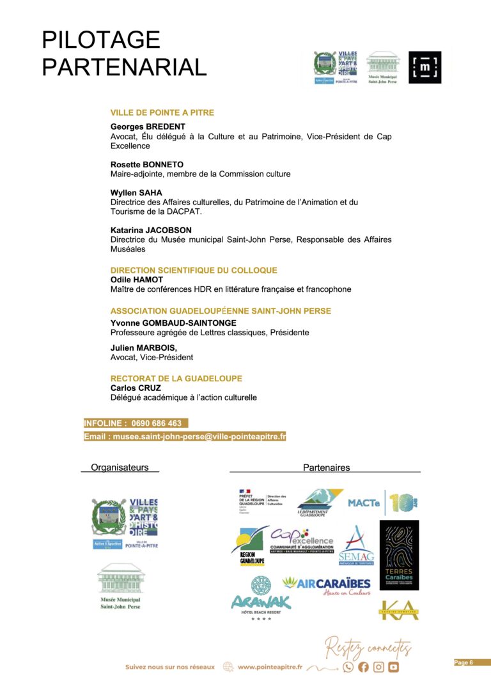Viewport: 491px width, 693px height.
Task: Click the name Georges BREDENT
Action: point(148,126)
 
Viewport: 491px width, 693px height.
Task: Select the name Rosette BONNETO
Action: point(146,164)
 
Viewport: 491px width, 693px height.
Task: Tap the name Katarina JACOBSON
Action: point(151,230)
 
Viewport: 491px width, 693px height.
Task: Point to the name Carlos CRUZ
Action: point(136,388)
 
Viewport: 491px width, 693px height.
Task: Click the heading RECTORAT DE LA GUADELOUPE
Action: point(176,378)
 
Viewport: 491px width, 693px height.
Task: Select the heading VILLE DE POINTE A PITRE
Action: point(162,112)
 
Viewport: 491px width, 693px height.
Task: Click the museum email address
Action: point(185,437)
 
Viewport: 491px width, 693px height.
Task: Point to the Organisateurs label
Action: point(120,468)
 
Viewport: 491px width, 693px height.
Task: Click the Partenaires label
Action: point(326,468)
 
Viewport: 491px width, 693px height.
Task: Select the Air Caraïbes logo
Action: point(326,584)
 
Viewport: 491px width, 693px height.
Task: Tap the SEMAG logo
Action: point(356,546)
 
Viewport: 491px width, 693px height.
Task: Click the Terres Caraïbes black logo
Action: point(399,555)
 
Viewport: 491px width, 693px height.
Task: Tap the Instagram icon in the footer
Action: point(378,667)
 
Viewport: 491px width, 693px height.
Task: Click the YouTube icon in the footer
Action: point(393,667)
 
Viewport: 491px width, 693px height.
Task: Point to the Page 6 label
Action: point(464,662)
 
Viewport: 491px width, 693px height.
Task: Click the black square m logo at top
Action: point(425,68)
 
